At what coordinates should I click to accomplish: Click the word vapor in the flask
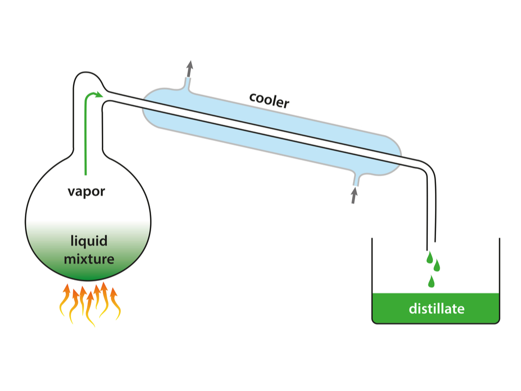86,191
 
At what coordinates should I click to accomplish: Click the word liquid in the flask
89,241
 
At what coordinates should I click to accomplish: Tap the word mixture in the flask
89,259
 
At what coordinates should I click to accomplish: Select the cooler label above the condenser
269,100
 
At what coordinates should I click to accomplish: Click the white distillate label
437,309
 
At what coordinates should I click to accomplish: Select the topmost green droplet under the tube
429,257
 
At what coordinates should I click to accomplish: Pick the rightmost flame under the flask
115,304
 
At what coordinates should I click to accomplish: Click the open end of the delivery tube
430,242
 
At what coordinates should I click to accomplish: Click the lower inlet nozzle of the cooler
356,180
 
